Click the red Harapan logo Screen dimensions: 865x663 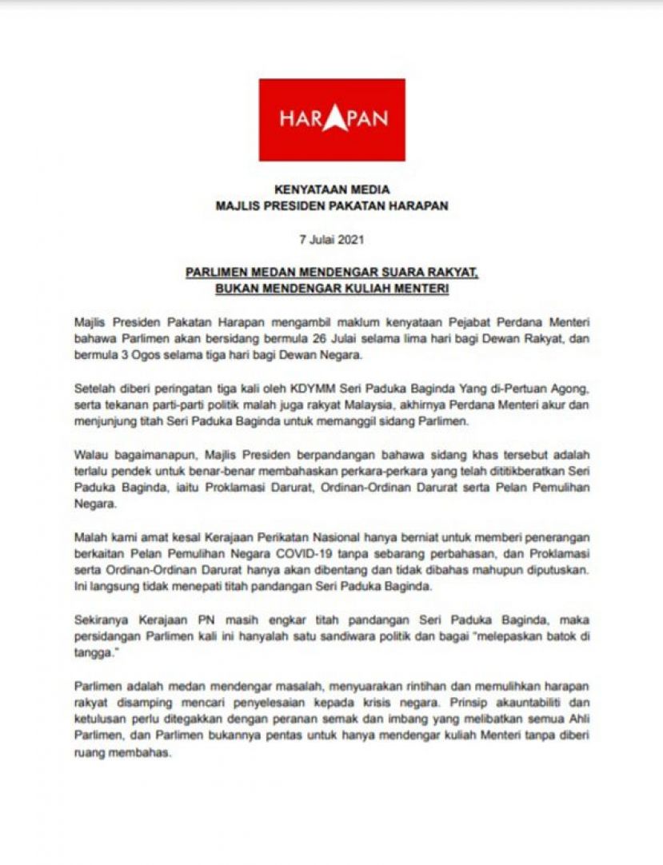[331, 120]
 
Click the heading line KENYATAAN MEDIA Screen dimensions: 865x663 [331, 190]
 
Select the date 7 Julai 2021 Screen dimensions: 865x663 [331, 238]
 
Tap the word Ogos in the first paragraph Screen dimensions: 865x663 [133, 353]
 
